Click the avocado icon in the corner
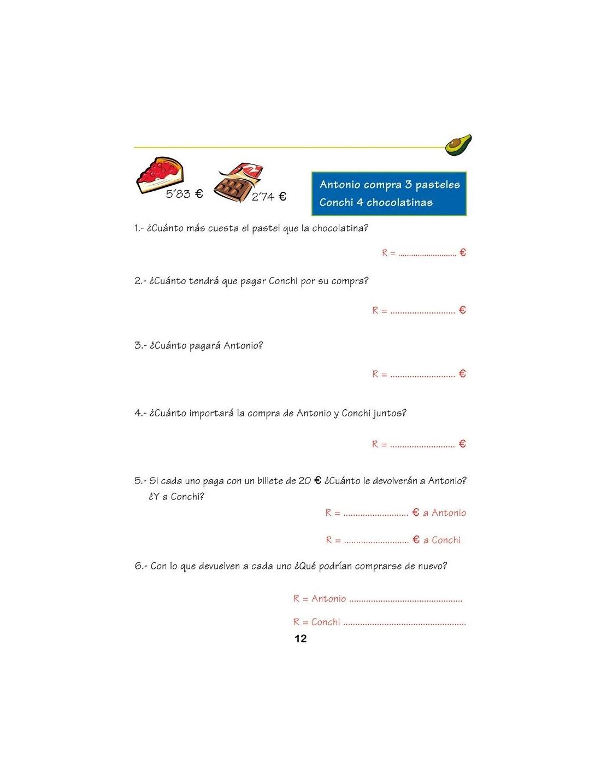coord(458,145)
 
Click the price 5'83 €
coord(184,194)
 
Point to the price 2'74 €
coord(269,197)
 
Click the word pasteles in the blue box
coord(438,185)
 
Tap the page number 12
coord(300,639)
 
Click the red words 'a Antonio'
coord(444,513)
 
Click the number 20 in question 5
coord(304,481)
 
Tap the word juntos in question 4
coord(390,414)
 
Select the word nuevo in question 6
coord(432,566)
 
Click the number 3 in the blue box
coord(408,185)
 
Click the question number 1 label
coord(138,228)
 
